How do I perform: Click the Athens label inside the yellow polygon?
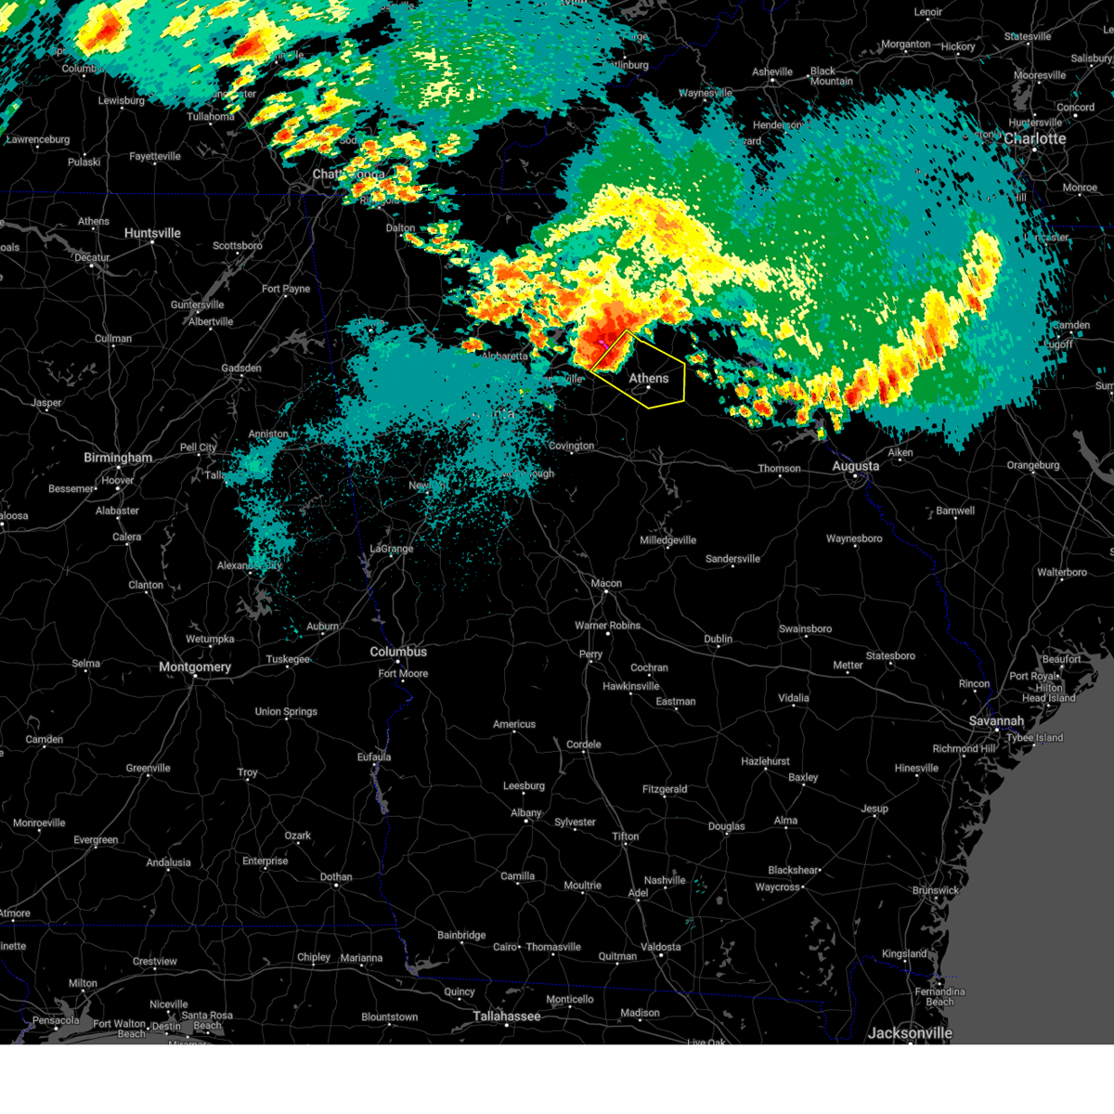pos(648,379)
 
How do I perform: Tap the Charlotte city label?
pos(1035,139)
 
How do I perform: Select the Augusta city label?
pos(855,466)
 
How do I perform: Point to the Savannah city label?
pos(996,721)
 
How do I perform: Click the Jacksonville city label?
pos(910,1033)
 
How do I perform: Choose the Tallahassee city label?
pos(506,1017)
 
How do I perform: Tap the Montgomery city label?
pos(195,667)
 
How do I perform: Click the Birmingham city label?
pos(118,458)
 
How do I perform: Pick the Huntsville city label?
pos(152,233)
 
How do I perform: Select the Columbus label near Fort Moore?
pos(398,653)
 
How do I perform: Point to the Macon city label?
pos(606,584)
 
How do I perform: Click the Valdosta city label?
pos(660,947)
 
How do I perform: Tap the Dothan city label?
pos(336,877)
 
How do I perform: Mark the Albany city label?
pos(525,813)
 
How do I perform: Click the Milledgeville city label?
pos(667,540)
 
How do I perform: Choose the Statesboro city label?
pos(890,656)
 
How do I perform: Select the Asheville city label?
pos(772,72)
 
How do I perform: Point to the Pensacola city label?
pos(56,1021)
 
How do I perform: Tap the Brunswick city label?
pos(935,891)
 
